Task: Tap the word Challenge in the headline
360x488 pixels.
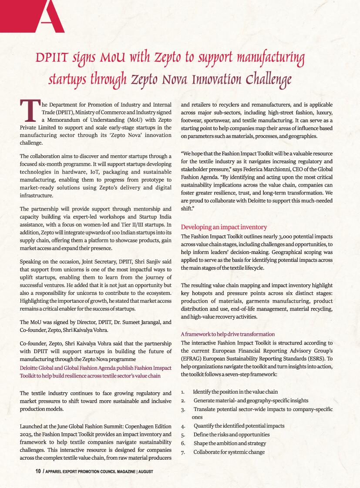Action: [x=268, y=80]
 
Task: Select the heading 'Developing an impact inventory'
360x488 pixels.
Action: [x=224, y=227]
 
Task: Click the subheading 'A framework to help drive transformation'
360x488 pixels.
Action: [x=228, y=334]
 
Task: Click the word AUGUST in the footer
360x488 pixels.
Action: [x=145, y=471]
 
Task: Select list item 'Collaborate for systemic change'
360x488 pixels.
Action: [x=229, y=452]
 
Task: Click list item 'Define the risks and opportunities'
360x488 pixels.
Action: [x=232, y=435]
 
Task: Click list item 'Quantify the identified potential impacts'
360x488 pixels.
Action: [x=239, y=426]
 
